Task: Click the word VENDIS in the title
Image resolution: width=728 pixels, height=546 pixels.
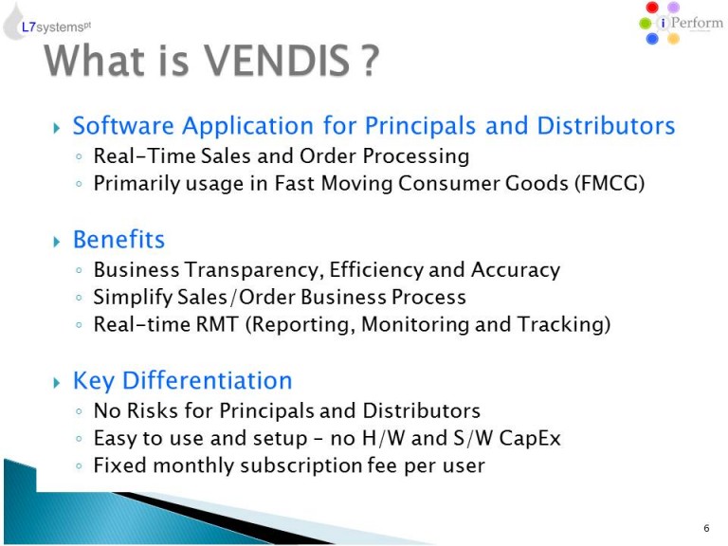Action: pyautogui.click(x=277, y=61)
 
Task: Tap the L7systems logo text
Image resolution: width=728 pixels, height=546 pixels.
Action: pyautogui.click(x=56, y=27)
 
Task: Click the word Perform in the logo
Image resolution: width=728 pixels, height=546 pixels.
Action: pyautogui.click(x=697, y=23)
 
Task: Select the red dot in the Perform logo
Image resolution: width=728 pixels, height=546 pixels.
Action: pyautogui.click(x=652, y=8)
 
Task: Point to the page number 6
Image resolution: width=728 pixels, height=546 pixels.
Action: pyautogui.click(x=706, y=528)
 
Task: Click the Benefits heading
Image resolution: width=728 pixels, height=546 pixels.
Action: pyautogui.click(x=118, y=240)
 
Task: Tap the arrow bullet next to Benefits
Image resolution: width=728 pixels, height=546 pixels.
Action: pyautogui.click(x=57, y=242)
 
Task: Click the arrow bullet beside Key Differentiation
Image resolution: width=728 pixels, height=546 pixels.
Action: pyautogui.click(x=57, y=383)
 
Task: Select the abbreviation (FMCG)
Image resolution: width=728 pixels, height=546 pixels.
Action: pyautogui.click(x=610, y=183)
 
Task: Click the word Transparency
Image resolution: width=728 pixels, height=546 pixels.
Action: pyautogui.click(x=253, y=270)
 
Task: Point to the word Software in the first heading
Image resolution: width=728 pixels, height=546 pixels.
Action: pyautogui.click(x=123, y=125)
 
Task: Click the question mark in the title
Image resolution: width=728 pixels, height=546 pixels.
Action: pyautogui.click(x=370, y=61)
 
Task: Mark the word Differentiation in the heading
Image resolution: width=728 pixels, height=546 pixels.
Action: pyautogui.click(x=207, y=381)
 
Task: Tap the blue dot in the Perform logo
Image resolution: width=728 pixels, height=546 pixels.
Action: pyautogui.click(x=652, y=39)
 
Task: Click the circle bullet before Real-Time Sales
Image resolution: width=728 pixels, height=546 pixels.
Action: pyautogui.click(x=79, y=157)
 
